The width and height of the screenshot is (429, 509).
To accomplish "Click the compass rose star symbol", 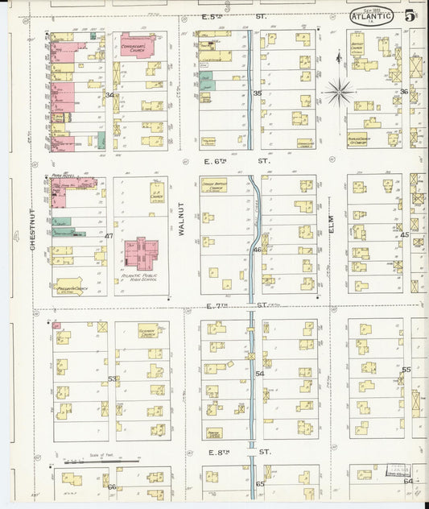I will (x=339, y=92).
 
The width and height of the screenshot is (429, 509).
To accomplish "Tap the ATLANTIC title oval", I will (x=372, y=14).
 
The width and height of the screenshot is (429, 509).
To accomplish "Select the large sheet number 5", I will (x=410, y=15).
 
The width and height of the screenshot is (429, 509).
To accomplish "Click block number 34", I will (x=109, y=95).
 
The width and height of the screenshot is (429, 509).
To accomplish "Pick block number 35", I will (x=257, y=94).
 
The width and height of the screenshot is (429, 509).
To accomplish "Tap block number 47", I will (x=109, y=235).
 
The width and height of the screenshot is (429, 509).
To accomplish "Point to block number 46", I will (x=257, y=250).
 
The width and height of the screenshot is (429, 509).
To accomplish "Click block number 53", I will (x=112, y=379).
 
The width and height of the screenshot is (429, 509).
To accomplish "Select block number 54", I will (x=259, y=375).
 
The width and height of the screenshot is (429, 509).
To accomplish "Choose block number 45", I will (x=405, y=235).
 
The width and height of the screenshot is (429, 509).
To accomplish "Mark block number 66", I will (x=112, y=486).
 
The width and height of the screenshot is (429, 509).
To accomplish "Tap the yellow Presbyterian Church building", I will (x=69, y=284).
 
